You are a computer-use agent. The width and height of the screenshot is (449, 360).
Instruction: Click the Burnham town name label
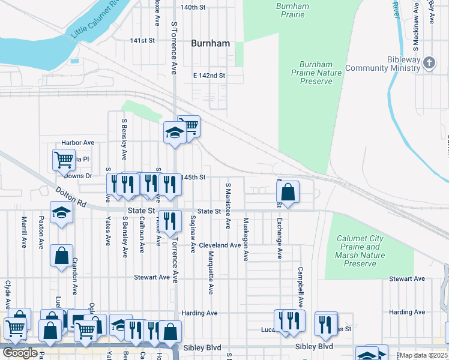tap(211, 43)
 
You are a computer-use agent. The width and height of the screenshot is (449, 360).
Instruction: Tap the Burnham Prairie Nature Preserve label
tap(316, 73)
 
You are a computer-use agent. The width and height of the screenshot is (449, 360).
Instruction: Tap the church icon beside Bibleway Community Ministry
tap(429, 63)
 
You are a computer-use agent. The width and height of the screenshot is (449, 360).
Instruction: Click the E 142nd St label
tap(209, 76)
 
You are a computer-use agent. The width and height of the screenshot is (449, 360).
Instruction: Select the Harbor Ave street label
tap(78, 143)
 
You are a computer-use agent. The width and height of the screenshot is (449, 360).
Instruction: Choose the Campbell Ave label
tap(301, 287)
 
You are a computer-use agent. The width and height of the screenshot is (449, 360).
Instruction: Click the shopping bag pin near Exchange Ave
tap(288, 193)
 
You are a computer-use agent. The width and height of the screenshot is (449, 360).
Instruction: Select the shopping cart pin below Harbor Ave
tap(64, 160)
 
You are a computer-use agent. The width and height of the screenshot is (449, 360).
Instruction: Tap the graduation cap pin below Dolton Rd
tap(61, 213)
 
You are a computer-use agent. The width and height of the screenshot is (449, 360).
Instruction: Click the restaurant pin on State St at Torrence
tap(170, 220)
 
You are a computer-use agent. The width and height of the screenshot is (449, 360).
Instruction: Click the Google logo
tap(20, 353)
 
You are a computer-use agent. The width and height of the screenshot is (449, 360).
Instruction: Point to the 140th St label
tap(193, 7)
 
